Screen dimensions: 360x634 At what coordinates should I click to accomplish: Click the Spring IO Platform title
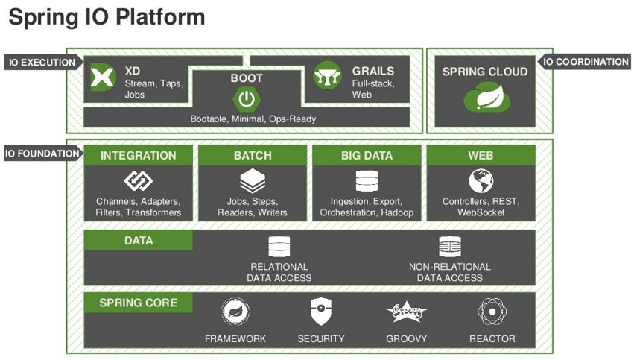coord(106,17)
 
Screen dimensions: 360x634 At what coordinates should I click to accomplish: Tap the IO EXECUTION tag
coord(42,63)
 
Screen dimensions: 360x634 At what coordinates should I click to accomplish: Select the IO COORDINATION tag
coord(586,62)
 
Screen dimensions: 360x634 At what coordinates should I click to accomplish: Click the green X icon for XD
coord(103,78)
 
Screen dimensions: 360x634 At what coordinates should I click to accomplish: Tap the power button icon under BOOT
coord(246,98)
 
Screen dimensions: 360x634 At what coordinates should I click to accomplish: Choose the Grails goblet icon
coord(327,76)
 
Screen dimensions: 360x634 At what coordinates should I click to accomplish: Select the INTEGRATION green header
coord(138,156)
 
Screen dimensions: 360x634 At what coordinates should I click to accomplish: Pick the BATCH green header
coord(253,156)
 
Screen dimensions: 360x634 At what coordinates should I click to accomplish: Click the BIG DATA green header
coord(367,156)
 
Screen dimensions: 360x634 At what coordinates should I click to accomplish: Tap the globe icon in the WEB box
coord(481,181)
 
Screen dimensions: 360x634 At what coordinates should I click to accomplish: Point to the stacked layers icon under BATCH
coord(253,181)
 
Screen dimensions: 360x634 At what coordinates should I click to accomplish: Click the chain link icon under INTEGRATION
coord(138,181)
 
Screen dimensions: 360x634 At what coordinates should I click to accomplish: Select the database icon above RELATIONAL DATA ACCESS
coord(279,247)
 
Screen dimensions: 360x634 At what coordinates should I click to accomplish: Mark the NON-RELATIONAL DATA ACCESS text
coord(449,272)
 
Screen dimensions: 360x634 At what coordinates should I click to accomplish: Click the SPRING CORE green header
coord(138,303)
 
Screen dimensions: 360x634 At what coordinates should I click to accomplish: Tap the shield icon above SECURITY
coord(320,311)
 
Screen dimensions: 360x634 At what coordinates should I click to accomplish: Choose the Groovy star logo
coord(406,311)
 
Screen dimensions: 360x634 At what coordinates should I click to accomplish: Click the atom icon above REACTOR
coord(492,311)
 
